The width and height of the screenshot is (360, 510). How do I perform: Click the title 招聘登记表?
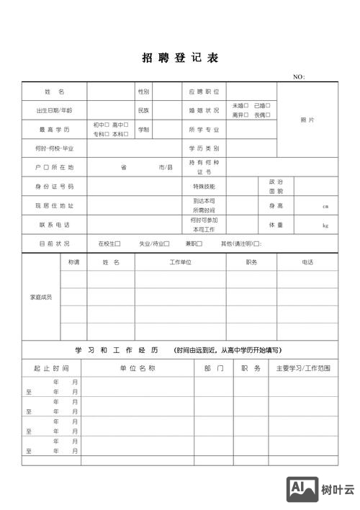coord(179,58)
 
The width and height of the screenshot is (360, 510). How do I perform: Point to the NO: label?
coord(300,76)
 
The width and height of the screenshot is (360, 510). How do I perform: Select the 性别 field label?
coord(143,91)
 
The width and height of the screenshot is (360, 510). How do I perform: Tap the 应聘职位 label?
coord(204,91)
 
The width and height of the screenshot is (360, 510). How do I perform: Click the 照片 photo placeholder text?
coord(307,120)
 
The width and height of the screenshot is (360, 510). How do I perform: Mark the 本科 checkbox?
coord(126,134)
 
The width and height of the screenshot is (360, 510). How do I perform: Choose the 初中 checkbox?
coord(107,125)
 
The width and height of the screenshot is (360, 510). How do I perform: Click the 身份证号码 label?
coord(54,186)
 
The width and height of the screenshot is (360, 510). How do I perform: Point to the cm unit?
coord(325,206)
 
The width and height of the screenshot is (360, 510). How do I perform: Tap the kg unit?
coord(325,225)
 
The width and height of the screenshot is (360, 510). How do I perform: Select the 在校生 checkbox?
coord(117,243)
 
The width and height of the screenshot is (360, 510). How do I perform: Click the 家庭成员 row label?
coord(40,296)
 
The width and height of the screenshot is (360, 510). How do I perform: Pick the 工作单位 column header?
coord(180,262)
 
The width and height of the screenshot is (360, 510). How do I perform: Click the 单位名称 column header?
coord(138,368)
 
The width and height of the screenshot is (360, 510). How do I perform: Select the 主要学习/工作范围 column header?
coord(303,368)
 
